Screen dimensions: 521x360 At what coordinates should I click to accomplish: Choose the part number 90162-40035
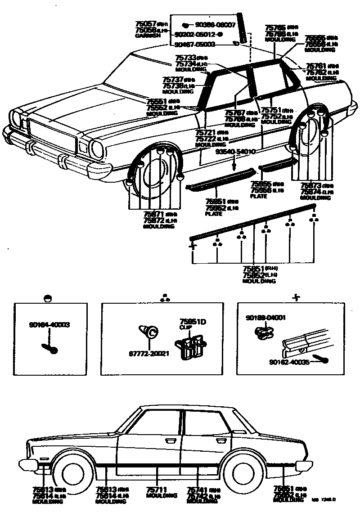pyautogui.click(x=289, y=362)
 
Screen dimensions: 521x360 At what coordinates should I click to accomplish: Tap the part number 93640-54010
pyautogui.click(x=235, y=152)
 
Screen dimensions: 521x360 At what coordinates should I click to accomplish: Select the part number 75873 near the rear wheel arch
pyautogui.click(x=311, y=186)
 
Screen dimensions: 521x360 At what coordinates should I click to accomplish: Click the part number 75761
pyautogui.click(x=316, y=66)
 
